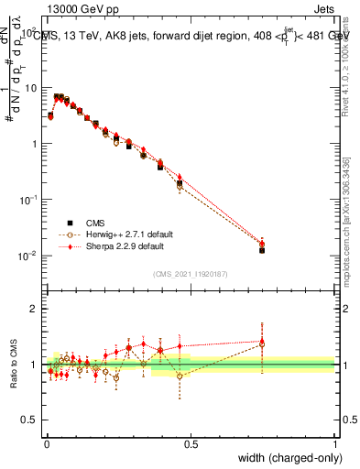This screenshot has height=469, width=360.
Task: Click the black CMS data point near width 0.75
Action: tap(262, 249)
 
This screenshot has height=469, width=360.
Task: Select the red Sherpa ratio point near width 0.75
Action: tap(262, 342)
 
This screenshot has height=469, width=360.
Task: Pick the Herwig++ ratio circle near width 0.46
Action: tap(180, 376)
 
